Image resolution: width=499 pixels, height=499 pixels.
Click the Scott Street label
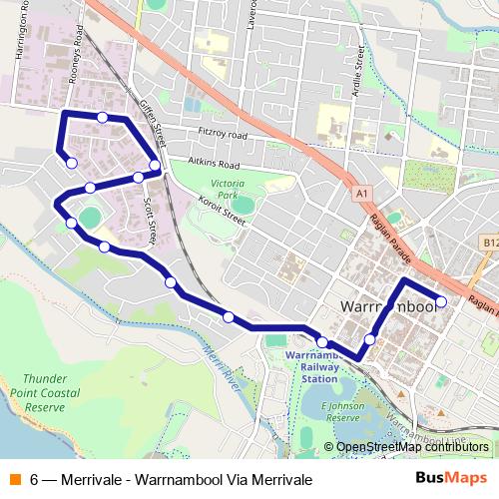[151, 219]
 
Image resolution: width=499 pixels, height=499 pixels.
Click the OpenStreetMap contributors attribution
[412, 446]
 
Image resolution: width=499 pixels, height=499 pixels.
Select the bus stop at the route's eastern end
[441, 300]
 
